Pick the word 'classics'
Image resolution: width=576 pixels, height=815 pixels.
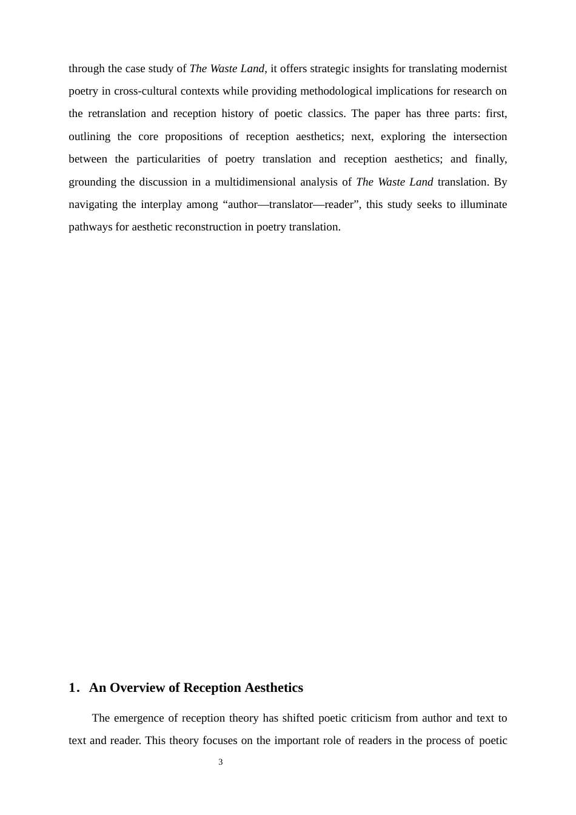(327, 113)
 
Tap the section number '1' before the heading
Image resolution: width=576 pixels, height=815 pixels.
(72, 688)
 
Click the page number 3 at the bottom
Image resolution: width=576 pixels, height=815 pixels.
(221, 762)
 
